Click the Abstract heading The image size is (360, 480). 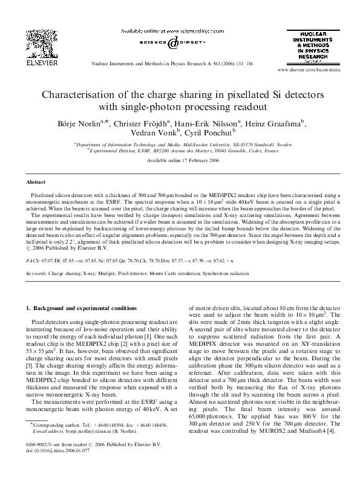35,181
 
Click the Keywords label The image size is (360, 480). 37,273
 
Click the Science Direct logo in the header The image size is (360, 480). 172,43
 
